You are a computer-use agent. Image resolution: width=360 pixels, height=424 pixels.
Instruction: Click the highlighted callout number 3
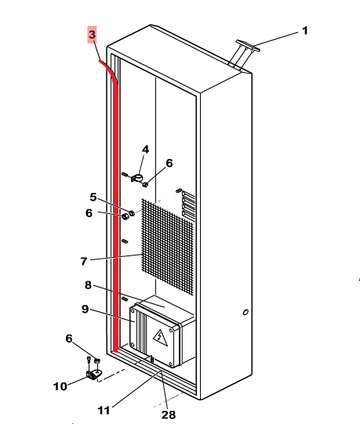(x=92, y=34)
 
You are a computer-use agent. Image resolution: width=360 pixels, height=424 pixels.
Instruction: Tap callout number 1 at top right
(x=305, y=31)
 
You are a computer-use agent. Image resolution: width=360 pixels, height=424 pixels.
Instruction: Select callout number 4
(x=145, y=149)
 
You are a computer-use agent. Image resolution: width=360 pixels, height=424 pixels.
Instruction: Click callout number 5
(x=93, y=198)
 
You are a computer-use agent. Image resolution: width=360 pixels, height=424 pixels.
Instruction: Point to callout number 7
(x=84, y=261)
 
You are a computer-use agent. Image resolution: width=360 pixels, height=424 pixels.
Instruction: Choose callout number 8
(x=88, y=285)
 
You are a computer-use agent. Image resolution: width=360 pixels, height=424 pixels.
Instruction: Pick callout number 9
(x=85, y=309)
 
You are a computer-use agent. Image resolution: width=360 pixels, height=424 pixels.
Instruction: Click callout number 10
(x=60, y=386)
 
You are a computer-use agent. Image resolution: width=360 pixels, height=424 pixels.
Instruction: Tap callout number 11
(x=104, y=411)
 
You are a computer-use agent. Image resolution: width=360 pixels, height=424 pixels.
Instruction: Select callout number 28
(x=169, y=415)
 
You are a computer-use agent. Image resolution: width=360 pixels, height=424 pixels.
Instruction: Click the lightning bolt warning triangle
(x=160, y=337)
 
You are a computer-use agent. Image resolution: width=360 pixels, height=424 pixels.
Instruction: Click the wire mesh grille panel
(x=167, y=247)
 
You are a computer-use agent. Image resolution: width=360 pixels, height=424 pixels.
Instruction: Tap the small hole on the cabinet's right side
(x=245, y=313)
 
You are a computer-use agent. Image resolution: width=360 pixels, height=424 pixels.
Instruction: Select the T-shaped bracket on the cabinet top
(x=245, y=55)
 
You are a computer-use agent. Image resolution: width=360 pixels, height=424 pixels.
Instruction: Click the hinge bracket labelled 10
(x=93, y=375)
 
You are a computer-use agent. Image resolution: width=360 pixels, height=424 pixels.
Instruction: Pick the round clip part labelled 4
(x=137, y=178)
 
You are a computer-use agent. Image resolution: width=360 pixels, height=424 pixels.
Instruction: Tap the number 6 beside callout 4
(x=169, y=163)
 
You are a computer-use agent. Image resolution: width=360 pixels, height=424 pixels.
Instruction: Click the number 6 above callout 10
(x=69, y=339)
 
